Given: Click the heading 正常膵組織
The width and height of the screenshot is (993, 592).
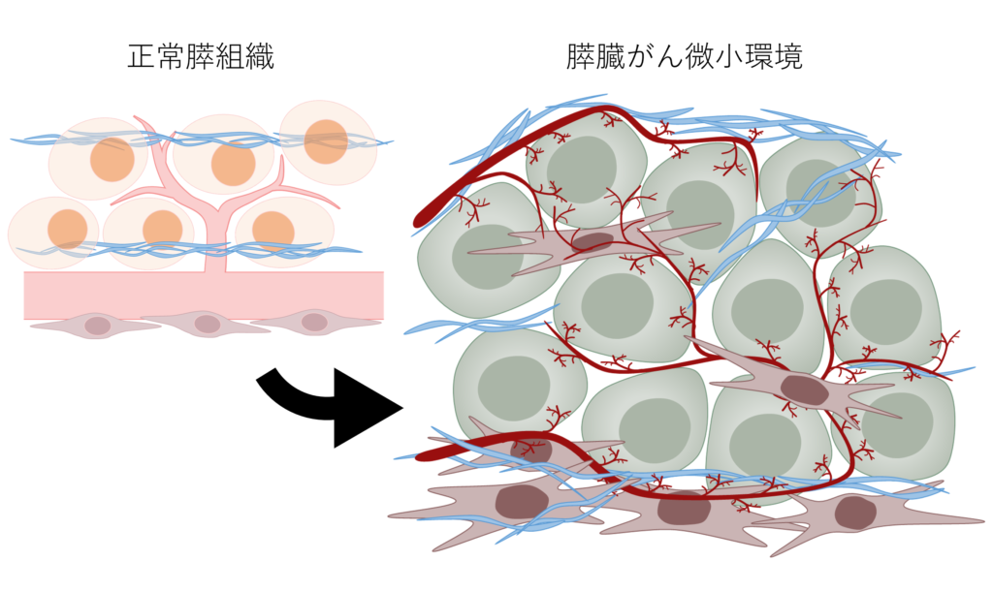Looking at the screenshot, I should click(x=201, y=57).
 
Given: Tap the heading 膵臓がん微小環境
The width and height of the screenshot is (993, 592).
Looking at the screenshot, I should click(x=685, y=57).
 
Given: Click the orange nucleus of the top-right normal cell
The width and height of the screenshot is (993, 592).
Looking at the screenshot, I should click(x=326, y=141).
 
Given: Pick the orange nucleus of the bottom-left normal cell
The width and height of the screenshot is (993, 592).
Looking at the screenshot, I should click(x=67, y=229).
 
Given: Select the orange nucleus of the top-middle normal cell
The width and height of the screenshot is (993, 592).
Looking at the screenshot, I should click(x=233, y=164).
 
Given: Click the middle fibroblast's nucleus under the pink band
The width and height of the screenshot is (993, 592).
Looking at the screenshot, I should click(x=208, y=325).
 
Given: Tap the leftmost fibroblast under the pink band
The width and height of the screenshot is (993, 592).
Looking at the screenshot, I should click(x=96, y=326).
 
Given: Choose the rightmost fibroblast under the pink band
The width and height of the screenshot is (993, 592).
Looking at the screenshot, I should click(x=314, y=322).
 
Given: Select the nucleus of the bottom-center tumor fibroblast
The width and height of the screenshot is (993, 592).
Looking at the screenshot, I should click(x=684, y=508).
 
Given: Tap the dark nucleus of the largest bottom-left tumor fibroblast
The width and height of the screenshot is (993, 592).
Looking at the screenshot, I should click(x=522, y=501).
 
